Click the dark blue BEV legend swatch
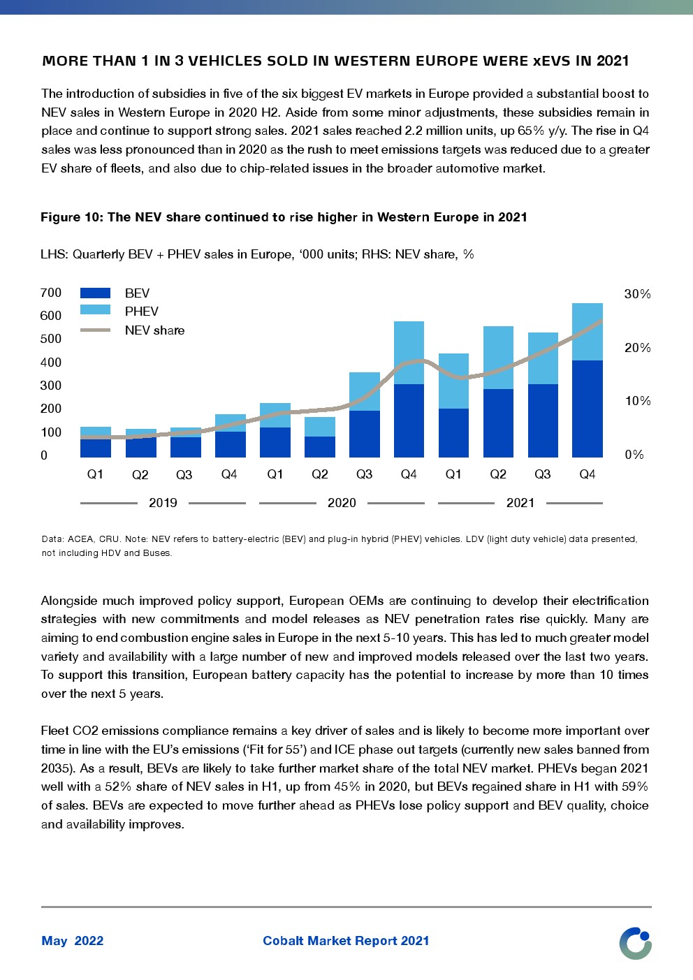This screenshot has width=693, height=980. [95, 293]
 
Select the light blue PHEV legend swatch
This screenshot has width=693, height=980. [95, 310]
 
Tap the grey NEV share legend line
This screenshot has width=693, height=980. [95, 330]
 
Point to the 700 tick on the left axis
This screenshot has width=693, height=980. [51, 293]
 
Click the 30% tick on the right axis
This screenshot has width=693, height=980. [637, 294]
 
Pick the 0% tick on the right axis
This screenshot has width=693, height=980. [634, 455]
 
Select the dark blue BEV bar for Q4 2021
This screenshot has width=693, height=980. [587, 409]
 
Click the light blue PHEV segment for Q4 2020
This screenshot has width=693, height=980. [409, 352]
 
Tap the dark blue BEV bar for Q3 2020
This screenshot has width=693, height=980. [364, 434]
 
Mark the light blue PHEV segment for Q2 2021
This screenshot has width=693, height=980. [498, 357]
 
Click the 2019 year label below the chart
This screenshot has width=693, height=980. [163, 503]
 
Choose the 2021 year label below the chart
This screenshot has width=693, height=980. [520, 503]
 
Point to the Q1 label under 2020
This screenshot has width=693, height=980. [275, 474]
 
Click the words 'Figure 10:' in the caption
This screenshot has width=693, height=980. [71, 217]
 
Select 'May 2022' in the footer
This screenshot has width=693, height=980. [73, 941]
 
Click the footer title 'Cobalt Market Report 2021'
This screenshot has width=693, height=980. [346, 941]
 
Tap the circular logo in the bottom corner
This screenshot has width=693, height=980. [635, 943]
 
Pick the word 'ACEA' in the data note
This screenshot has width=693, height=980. [81, 539]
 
